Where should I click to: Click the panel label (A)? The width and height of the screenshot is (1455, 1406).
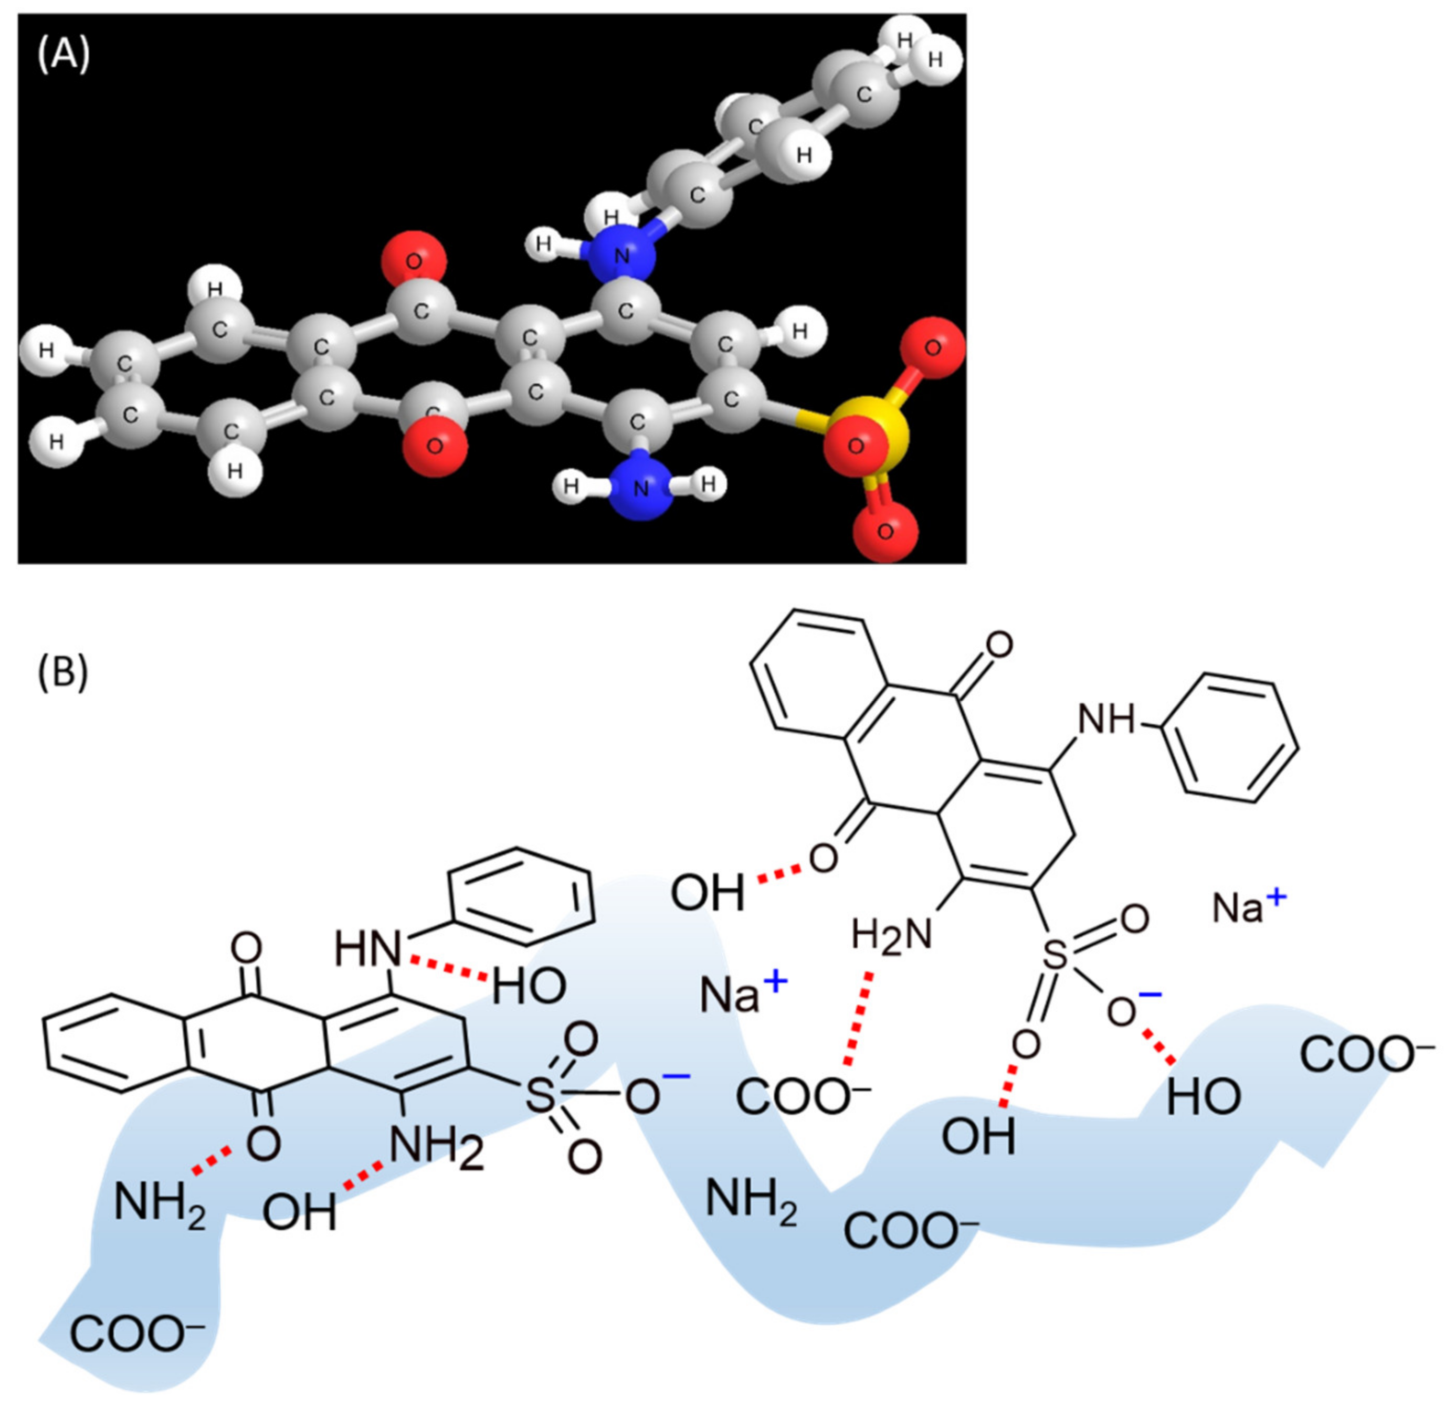[x=64, y=56]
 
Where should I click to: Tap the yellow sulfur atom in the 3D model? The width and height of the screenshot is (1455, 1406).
[x=883, y=425]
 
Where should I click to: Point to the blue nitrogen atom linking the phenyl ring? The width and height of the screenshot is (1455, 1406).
[x=622, y=255]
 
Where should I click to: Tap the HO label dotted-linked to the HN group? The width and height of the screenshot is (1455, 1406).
[x=529, y=987]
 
